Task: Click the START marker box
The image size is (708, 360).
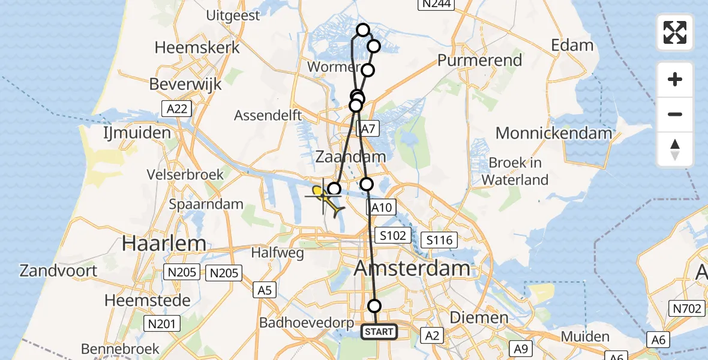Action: point(379,332)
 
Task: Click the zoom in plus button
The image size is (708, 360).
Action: point(675,79)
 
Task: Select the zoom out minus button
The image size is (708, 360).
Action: point(675,114)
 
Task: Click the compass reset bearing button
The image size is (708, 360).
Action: point(675,149)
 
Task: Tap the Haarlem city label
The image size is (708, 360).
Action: point(164,243)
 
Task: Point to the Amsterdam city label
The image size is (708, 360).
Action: point(412,268)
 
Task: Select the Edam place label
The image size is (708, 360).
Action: point(573,45)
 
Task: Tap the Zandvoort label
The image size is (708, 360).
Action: point(58,270)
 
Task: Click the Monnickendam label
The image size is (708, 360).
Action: point(554,133)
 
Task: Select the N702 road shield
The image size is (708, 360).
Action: point(686,309)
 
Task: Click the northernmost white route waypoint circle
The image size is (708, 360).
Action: point(363,29)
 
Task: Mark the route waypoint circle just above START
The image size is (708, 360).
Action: point(374,306)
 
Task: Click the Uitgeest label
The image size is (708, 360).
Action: point(233,16)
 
